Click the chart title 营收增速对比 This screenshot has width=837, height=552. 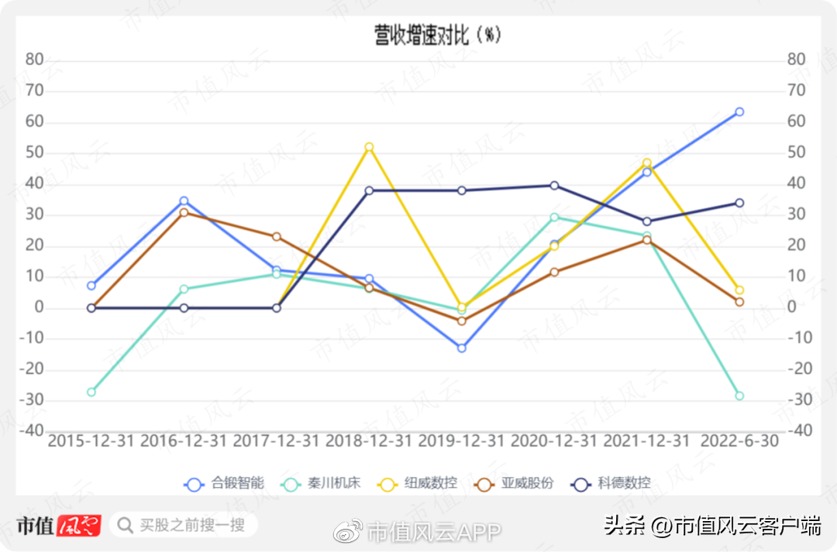pos(422,36)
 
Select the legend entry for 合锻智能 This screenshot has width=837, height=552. pos(224,484)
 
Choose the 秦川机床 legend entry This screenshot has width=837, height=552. pos(320,484)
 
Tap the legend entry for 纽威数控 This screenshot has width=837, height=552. pos(417,484)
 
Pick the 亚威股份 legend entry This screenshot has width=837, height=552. pos(514,484)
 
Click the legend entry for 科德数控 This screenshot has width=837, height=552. pos(611,484)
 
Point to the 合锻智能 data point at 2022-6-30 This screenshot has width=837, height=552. pos(739,112)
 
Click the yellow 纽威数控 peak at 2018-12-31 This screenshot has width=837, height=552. pos(369,147)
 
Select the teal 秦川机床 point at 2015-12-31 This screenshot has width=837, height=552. pos(91,392)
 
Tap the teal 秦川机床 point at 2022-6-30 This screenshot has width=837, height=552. pos(739,396)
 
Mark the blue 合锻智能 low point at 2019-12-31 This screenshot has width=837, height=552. pos(462,348)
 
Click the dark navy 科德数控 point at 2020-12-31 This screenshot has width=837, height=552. pos(554,186)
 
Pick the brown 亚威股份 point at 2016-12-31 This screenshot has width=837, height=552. pos(184,213)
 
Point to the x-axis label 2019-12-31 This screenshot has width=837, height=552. pos(461,441)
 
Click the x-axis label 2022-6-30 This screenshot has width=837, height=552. pos(739,441)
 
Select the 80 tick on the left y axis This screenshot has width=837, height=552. pos(35,59)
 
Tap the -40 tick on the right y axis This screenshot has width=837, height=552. pos(800,430)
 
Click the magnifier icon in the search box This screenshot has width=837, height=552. pos(125,526)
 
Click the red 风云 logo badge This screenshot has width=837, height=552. pos(79,526)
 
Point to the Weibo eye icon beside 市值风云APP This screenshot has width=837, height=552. pos(348,531)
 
